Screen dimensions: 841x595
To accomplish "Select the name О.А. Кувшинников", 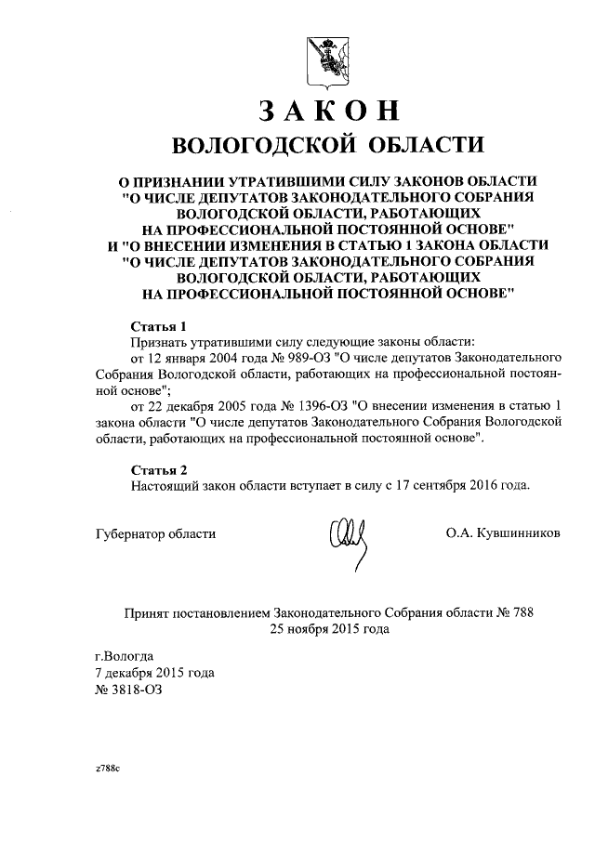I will (x=503, y=534).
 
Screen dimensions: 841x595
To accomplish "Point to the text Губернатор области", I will (x=155, y=534).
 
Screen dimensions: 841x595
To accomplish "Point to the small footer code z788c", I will (x=108, y=771).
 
